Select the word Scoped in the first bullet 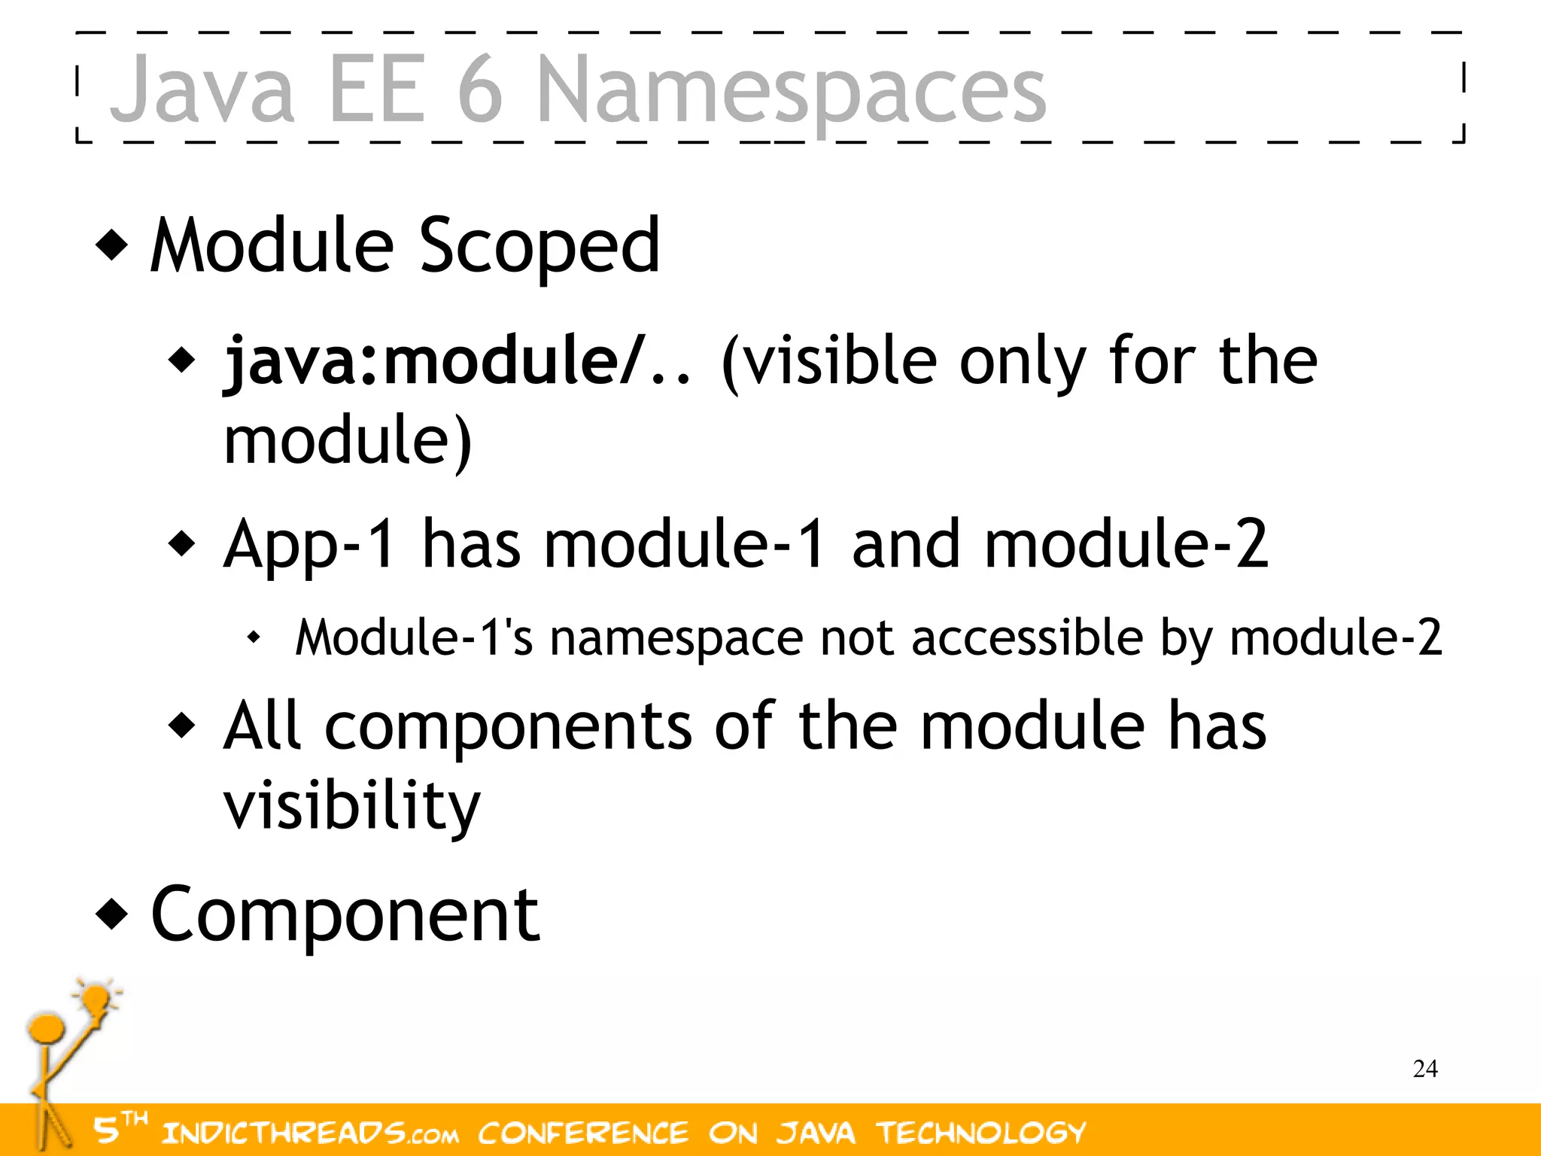(x=539, y=245)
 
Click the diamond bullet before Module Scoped (x=112, y=245)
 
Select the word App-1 (x=309, y=544)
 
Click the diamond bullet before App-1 (x=182, y=543)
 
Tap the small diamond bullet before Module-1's (x=254, y=638)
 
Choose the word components (x=509, y=726)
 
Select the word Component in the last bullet (x=345, y=914)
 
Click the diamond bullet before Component (x=112, y=914)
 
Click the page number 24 (x=1425, y=1069)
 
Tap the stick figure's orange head (x=46, y=1028)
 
